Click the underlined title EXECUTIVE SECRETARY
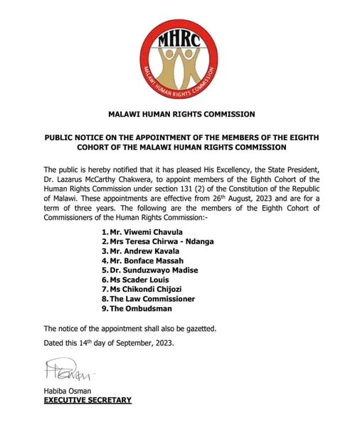pyautogui.click(x=88, y=400)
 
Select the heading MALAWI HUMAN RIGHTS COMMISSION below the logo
pyautogui.click(x=181, y=114)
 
